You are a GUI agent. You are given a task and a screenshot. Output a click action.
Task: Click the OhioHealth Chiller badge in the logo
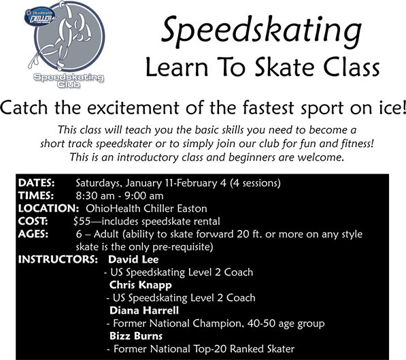(x=39, y=17)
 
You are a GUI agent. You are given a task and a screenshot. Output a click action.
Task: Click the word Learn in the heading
(x=177, y=67)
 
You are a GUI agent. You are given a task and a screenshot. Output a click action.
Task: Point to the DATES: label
(x=36, y=183)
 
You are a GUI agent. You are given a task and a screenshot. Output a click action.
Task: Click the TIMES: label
(x=36, y=196)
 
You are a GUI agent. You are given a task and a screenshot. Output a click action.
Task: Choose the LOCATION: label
(x=48, y=208)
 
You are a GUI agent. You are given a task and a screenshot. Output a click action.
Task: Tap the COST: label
(x=33, y=221)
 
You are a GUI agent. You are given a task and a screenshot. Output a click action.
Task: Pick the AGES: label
(x=33, y=234)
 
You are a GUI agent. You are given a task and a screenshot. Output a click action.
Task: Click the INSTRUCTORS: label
(x=58, y=259)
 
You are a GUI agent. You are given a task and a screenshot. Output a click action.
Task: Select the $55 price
(x=82, y=221)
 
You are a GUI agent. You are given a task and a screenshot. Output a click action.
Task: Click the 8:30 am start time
(x=95, y=196)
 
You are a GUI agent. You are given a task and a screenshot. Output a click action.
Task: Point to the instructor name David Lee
(x=133, y=259)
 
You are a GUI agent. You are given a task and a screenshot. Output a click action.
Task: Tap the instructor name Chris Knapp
(x=140, y=285)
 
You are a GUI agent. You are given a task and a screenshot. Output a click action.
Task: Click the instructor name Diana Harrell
(x=144, y=310)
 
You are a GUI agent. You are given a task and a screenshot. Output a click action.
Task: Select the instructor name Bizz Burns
(x=136, y=336)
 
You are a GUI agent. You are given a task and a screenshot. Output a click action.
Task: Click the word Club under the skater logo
(x=69, y=84)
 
